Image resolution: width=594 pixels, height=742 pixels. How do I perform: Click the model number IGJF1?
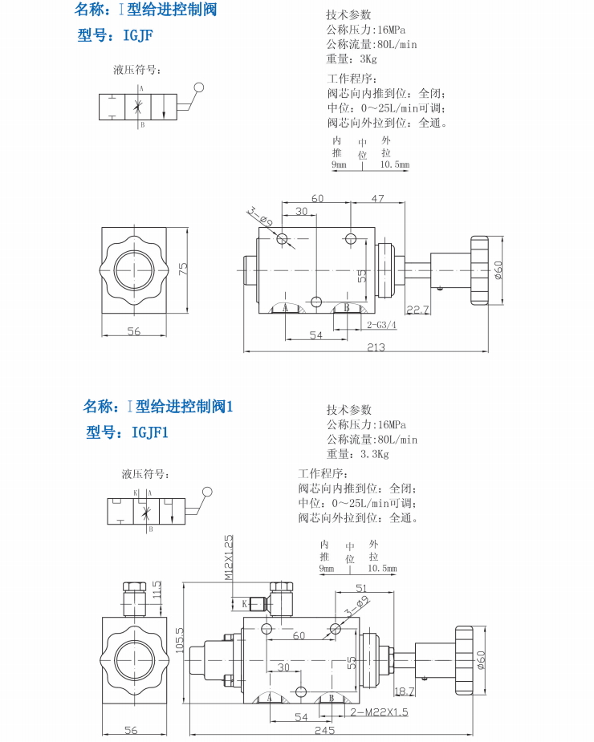tap(148, 433)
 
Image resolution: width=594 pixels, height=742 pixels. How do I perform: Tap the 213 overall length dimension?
tap(376, 347)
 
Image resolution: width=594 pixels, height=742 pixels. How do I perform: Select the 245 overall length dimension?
tap(325, 730)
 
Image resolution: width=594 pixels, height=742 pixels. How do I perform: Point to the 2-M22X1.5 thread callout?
tap(379, 712)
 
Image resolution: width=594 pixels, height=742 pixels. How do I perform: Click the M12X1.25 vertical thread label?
tap(228, 557)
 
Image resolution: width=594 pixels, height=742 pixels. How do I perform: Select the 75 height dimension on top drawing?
tap(183, 270)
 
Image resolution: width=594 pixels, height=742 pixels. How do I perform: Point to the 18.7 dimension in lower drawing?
tap(405, 691)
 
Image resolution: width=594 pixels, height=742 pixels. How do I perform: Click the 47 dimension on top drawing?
tap(377, 198)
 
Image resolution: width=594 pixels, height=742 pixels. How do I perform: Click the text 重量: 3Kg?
tap(351, 59)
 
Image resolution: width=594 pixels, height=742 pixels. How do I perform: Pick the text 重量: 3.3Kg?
tap(357, 454)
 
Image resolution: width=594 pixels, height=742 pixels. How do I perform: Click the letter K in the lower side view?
tap(244, 603)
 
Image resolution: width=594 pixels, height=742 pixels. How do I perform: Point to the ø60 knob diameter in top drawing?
tap(498, 270)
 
